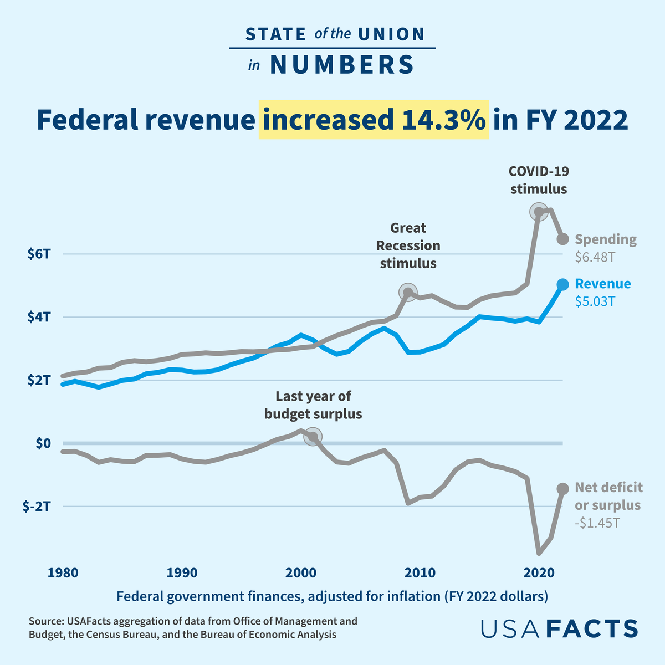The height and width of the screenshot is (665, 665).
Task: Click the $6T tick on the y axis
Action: point(39,254)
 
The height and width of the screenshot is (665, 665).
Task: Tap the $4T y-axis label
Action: point(39,318)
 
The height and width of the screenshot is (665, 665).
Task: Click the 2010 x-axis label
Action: point(420,572)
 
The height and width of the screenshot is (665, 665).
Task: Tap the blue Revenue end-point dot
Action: point(562,284)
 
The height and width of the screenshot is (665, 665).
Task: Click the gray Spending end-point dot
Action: point(562,238)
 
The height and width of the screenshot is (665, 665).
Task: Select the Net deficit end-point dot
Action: point(562,488)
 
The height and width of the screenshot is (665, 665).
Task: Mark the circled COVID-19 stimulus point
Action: point(538,211)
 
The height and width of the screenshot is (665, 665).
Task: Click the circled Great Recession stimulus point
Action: point(408,292)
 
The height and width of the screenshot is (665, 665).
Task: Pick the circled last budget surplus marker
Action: point(313,437)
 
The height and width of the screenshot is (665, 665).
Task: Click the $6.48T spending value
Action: point(595,257)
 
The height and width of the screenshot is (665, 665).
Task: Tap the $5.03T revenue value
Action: point(595,302)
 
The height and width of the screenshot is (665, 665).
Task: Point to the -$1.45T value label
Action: point(597,523)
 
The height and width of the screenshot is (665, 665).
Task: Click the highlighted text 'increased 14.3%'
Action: point(374,120)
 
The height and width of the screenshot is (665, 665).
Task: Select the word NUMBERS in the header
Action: point(342,65)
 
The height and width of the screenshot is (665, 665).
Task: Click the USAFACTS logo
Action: point(559,628)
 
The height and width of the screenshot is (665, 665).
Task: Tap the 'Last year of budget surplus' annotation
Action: point(313,405)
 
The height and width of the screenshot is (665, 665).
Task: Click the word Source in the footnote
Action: point(45,621)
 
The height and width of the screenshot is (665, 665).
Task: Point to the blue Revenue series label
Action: point(603,284)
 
